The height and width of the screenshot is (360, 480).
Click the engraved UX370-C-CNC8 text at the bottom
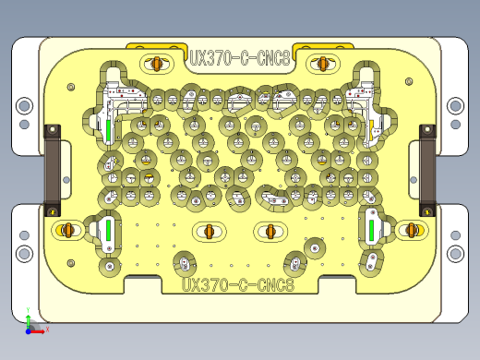(x=238, y=285)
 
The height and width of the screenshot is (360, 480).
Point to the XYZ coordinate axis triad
(x=31, y=325)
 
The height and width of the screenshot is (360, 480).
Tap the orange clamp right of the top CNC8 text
(x=323, y=63)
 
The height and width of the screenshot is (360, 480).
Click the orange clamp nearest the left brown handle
(x=66, y=229)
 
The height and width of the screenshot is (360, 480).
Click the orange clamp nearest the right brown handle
(x=412, y=229)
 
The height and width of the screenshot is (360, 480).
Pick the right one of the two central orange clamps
(x=270, y=230)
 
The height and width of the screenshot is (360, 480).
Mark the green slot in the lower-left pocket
(x=108, y=230)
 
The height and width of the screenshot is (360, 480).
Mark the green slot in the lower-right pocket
(x=372, y=229)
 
